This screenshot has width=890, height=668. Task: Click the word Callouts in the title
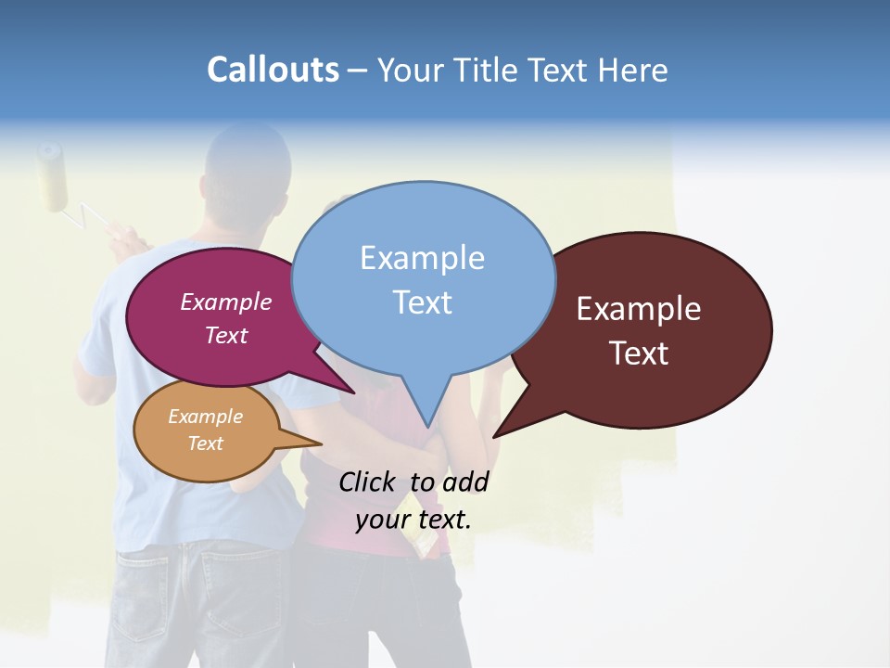[273, 71]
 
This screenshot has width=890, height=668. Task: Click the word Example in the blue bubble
[422, 258]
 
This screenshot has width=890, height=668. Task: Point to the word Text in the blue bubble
[422, 302]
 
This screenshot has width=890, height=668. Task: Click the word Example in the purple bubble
[226, 302]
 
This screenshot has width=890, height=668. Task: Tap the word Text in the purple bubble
[226, 335]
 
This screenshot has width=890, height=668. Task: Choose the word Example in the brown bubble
[639, 309]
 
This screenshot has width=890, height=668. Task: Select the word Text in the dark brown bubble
[639, 353]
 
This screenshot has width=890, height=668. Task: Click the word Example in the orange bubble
[205, 417]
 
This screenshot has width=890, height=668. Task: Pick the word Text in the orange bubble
[205, 443]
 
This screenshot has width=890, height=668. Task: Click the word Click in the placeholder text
[370, 482]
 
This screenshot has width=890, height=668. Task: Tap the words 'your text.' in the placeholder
[413, 519]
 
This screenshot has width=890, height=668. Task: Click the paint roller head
[53, 175]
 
